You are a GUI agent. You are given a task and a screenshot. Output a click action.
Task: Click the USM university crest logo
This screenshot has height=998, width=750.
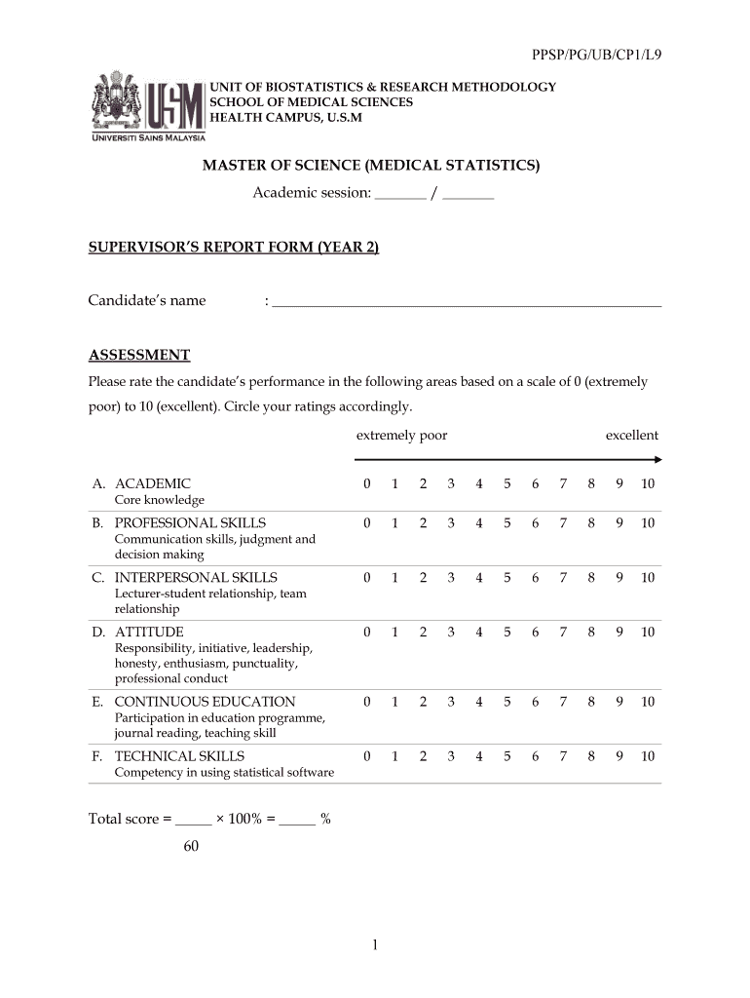tap(117, 101)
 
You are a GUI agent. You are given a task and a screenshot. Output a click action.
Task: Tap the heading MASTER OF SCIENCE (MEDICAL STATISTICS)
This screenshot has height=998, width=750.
tap(370, 166)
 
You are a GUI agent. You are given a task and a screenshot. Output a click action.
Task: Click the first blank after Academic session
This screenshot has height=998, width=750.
tap(400, 194)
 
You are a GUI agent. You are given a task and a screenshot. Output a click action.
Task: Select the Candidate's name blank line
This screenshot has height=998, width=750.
tap(467, 301)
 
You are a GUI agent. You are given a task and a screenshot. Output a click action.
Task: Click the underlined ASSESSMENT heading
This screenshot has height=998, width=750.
tap(139, 355)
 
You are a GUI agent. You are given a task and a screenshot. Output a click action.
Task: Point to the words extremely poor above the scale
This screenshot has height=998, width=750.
tap(401, 436)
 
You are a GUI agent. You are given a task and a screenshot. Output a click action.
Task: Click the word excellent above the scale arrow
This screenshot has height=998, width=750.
tap(631, 436)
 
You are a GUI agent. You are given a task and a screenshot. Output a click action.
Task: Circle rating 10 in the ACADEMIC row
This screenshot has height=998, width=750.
tap(648, 484)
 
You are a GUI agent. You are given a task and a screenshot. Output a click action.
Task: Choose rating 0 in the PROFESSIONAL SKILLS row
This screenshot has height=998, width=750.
tap(366, 523)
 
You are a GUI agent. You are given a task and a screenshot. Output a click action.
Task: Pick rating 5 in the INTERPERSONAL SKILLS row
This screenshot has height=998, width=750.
tap(507, 578)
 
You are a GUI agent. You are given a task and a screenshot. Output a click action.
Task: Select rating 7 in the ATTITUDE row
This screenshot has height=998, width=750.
tap(563, 633)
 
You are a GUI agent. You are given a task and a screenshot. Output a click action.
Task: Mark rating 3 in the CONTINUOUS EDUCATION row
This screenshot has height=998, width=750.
tap(451, 702)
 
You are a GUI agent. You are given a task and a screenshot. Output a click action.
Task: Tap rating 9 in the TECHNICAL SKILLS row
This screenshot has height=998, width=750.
tap(619, 756)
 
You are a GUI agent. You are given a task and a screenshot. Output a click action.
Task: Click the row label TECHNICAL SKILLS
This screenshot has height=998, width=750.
tap(179, 756)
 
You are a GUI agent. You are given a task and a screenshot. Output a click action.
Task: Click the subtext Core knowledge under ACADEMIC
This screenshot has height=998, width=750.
tap(160, 500)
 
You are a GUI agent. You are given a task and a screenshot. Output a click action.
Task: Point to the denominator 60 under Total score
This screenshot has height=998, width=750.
tap(191, 846)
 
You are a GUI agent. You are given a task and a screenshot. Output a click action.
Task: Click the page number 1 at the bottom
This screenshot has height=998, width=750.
tap(375, 944)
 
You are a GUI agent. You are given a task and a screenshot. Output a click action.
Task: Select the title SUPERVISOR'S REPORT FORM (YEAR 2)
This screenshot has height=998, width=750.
tap(234, 248)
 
